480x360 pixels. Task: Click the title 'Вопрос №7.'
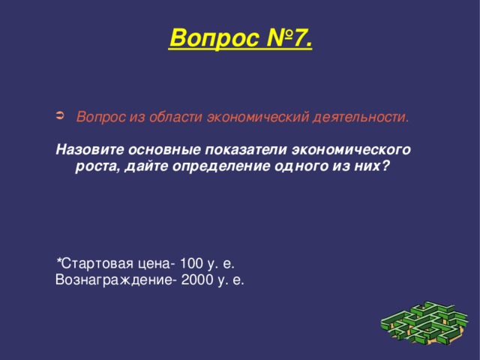click(240, 36)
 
